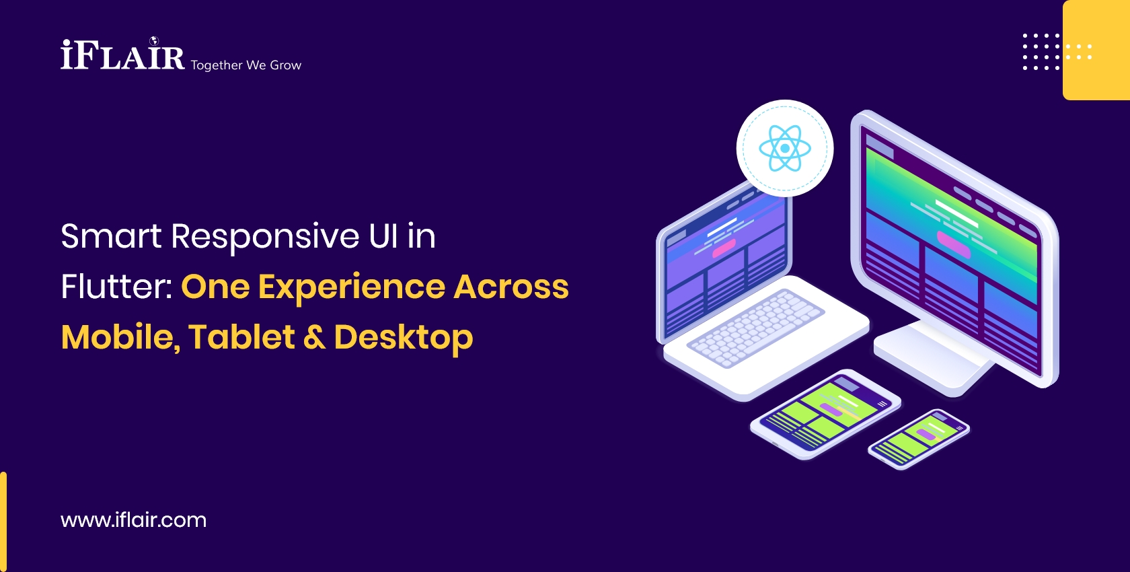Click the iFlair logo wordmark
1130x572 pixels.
[x=122, y=55]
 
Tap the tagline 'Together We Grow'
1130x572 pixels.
[x=246, y=65]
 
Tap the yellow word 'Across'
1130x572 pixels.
[x=511, y=287]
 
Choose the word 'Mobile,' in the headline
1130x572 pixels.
[x=120, y=337]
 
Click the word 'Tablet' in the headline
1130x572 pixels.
[x=241, y=336]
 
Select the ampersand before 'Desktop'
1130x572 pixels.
[x=314, y=337]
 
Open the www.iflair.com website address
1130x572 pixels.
[x=133, y=520]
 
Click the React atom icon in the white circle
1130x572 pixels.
[x=785, y=148]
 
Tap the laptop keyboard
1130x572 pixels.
[x=757, y=328]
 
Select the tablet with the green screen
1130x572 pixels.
[x=825, y=413]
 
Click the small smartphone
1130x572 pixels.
[x=919, y=439]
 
